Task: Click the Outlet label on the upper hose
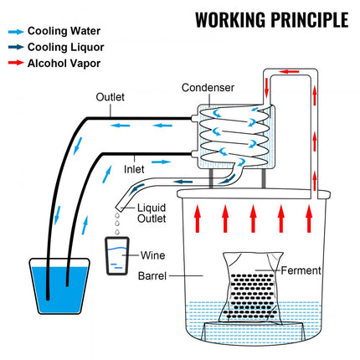click(x=110, y=97)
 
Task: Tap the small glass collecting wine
click(x=117, y=256)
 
